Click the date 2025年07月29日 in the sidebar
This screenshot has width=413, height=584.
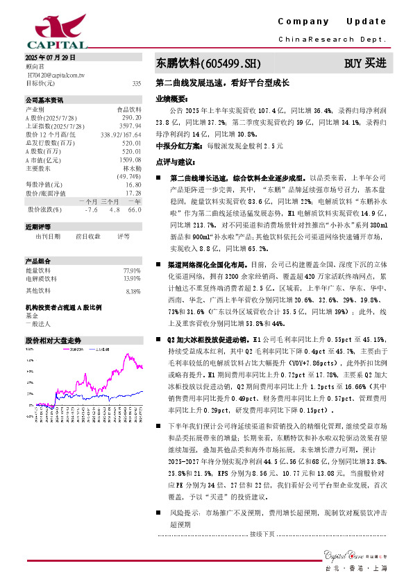point(50,57)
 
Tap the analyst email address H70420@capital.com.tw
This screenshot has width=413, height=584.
point(56,74)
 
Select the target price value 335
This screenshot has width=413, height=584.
point(136,83)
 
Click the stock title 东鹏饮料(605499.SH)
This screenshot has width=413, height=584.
point(208,63)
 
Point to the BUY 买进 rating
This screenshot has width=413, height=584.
point(365,63)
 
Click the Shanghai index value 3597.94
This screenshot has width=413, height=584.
point(130,126)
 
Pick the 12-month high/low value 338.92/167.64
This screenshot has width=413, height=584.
point(121,135)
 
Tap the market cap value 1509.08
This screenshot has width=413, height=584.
point(130,160)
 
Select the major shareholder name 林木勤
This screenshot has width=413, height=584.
point(132,168)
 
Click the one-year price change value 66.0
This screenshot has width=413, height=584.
point(135,209)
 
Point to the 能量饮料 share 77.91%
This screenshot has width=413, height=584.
point(131,250)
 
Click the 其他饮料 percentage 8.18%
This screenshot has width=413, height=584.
point(133,272)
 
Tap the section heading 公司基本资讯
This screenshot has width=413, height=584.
point(44,100)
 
